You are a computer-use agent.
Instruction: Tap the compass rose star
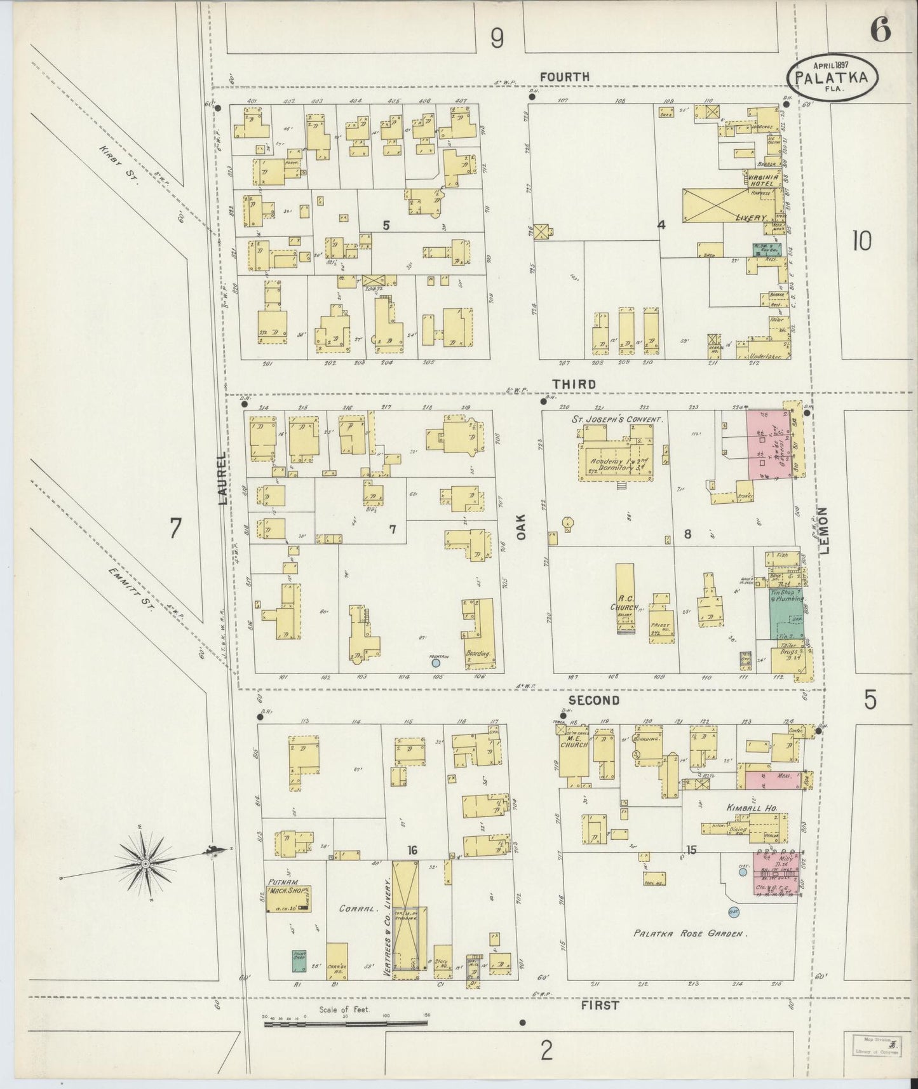point(145,864)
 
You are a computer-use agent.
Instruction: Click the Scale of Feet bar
point(346,1023)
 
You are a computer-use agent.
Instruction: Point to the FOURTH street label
point(564,77)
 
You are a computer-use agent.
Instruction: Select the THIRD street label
point(574,384)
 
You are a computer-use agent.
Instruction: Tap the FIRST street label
point(600,1006)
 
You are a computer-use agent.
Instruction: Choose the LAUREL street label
point(222,479)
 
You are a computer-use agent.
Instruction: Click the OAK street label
point(522,527)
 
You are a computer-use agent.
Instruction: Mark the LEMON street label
point(825,531)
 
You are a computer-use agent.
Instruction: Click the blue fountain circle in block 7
point(436,663)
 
